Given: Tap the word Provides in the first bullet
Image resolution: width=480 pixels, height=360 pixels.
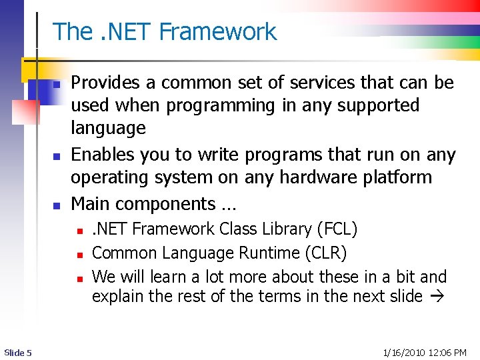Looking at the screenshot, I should tap(103, 83).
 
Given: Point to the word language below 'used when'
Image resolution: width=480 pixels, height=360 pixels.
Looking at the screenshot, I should tap(108, 128).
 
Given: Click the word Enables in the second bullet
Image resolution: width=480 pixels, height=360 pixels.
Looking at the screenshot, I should tap(100, 155).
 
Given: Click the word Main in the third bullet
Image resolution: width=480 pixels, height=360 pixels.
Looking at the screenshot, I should tap(91, 203).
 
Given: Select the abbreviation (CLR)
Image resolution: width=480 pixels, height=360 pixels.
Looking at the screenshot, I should tap(326, 253).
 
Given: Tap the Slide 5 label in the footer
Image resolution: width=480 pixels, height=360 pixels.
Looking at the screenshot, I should tap(17, 352).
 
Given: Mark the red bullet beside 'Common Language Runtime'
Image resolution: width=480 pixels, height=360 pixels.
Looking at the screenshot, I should tap(79, 254).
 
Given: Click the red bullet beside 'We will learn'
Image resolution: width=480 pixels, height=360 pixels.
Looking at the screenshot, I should tap(79, 277).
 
